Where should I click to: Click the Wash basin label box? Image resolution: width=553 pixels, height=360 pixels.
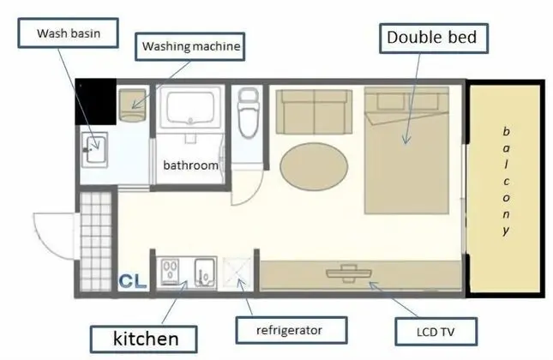[x=68, y=33]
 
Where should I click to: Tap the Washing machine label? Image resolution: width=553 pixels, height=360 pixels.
[x=190, y=46]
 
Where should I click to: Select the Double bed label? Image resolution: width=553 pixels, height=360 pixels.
[x=434, y=38]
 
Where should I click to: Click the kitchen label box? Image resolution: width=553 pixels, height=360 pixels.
[x=143, y=339]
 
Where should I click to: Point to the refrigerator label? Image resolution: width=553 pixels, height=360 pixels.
[x=292, y=330]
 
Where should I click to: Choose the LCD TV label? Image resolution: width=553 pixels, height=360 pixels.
[x=436, y=332]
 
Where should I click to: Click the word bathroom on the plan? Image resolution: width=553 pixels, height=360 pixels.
[x=190, y=165]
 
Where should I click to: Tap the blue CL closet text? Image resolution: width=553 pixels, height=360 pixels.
[x=133, y=281]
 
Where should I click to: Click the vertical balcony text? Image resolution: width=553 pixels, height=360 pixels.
[x=506, y=181]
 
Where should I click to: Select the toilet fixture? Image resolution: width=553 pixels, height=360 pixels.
[x=248, y=113]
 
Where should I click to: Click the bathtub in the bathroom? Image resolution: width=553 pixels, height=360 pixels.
[x=190, y=107]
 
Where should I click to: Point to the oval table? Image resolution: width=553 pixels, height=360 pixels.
[x=314, y=166]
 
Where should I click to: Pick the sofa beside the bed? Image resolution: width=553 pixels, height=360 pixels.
[x=314, y=111]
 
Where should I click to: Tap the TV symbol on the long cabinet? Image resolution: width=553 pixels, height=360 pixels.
[x=348, y=273]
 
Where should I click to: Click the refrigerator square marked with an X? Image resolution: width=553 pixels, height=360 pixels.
[x=237, y=273]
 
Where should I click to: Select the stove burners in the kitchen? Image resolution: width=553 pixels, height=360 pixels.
[x=170, y=270]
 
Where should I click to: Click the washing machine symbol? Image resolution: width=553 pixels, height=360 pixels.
[x=132, y=105]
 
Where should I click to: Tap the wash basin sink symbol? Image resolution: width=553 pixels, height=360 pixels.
[x=94, y=150]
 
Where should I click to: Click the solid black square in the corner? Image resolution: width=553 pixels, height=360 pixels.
[x=96, y=102]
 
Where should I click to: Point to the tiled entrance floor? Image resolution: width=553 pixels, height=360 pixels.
[x=96, y=242]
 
